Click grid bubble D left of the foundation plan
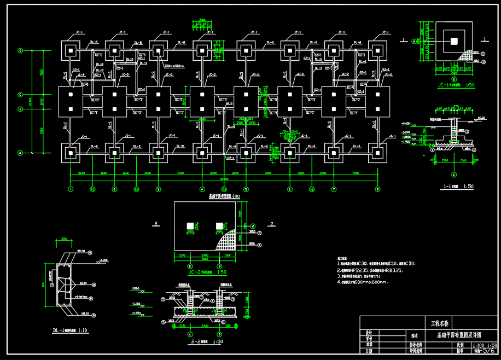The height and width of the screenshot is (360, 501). (20, 51)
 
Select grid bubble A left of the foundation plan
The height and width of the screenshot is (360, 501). (20, 153)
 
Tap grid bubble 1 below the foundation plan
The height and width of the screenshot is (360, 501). (71, 189)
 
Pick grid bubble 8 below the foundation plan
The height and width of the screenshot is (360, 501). (377, 189)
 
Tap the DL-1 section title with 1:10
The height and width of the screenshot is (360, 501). (70, 330)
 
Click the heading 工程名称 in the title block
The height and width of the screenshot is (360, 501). (439, 323)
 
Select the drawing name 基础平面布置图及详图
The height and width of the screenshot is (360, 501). (458, 335)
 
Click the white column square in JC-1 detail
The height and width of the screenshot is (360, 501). (453, 40)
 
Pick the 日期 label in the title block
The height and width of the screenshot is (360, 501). (369, 352)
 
